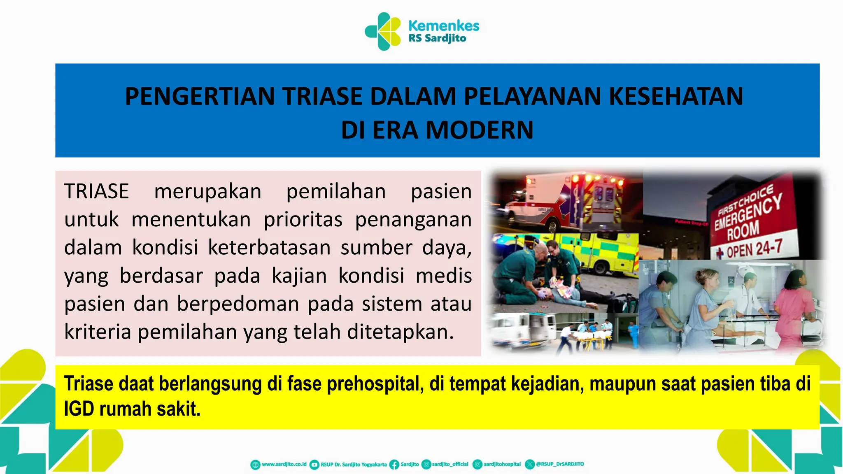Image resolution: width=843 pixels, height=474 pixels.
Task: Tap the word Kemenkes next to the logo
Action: (444, 26)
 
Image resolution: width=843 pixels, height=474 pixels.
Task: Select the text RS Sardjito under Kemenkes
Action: (437, 39)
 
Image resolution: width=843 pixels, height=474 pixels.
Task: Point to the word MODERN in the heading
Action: (479, 130)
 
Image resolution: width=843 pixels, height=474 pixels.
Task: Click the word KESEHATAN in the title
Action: (675, 97)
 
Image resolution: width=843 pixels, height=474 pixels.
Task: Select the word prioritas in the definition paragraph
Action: (303, 219)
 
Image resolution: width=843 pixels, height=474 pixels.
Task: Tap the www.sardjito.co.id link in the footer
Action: (284, 464)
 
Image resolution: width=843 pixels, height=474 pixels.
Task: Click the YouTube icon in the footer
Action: (314, 465)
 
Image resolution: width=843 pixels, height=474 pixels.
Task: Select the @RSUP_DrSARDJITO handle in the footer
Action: (560, 464)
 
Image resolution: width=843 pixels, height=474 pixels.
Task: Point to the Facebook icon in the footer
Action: (394, 465)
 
